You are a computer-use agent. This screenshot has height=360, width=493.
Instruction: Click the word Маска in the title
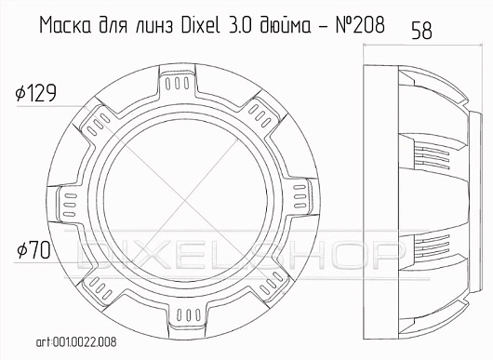tap(65, 25)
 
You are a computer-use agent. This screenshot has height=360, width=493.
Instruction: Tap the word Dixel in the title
tap(200, 24)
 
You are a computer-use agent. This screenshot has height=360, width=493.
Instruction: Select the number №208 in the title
tap(360, 24)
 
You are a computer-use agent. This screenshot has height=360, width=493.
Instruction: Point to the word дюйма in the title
tap(285, 25)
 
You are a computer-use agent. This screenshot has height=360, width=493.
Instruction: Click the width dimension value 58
tap(421, 31)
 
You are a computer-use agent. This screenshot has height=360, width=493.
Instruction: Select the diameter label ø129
tap(36, 93)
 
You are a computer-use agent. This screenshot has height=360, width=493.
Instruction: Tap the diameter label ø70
tap(33, 250)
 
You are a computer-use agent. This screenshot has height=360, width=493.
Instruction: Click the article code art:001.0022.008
tap(76, 342)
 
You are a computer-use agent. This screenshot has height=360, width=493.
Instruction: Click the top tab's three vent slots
tap(178, 83)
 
